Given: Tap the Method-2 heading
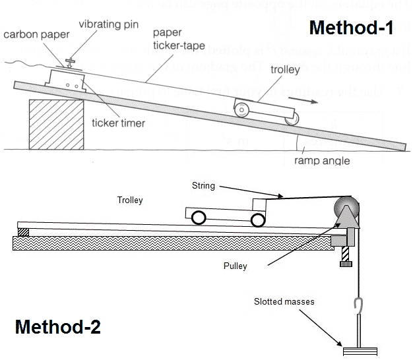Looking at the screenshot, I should (57, 326).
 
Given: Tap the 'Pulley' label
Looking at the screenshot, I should (234, 266).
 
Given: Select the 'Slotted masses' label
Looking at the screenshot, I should (284, 302).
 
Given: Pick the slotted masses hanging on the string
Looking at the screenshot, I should (358, 348).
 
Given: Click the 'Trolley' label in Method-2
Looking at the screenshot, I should (130, 200).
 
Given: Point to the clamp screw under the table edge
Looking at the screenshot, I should (343, 264).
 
